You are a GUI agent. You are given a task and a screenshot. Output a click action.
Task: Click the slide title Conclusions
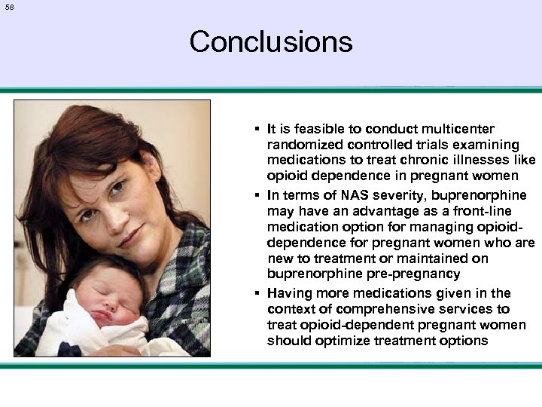(x=271, y=41)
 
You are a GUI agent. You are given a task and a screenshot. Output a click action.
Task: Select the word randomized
(x=301, y=145)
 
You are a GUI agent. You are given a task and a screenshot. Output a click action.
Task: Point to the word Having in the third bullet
(x=289, y=293)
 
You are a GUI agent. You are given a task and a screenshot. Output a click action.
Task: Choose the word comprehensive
(x=384, y=309)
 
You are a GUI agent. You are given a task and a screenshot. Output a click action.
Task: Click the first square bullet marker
(x=257, y=130)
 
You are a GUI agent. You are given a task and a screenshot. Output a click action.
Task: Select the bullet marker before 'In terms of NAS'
(x=257, y=194)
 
